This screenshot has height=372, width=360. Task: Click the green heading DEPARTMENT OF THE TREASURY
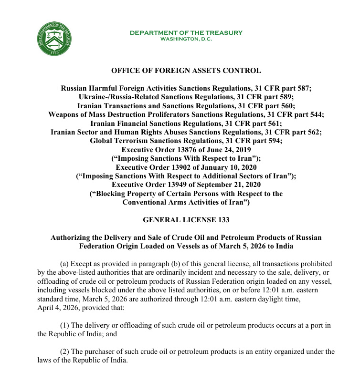click(x=186, y=33)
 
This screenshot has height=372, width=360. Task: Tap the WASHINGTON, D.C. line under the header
click(x=186, y=39)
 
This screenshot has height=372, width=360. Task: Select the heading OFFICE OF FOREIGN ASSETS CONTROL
click(x=186, y=71)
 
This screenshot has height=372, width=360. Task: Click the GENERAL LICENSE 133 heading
click(x=186, y=220)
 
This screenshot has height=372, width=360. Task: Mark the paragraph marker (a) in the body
click(x=64, y=264)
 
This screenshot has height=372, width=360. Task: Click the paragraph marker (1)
click(x=64, y=326)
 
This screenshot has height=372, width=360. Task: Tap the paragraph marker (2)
click(x=64, y=351)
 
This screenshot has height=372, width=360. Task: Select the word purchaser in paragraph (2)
click(x=103, y=351)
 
